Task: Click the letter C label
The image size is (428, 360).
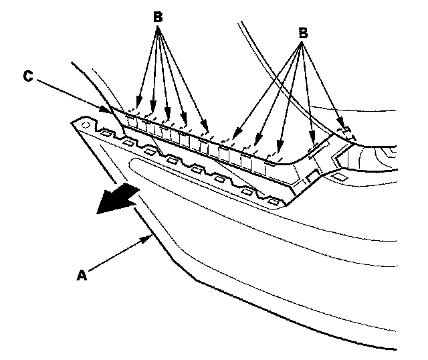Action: [x=27, y=76]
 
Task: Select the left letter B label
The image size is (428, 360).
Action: [x=158, y=18]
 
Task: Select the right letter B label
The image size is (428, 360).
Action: [x=303, y=31]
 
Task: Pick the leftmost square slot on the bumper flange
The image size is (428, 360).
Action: [x=105, y=135]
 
